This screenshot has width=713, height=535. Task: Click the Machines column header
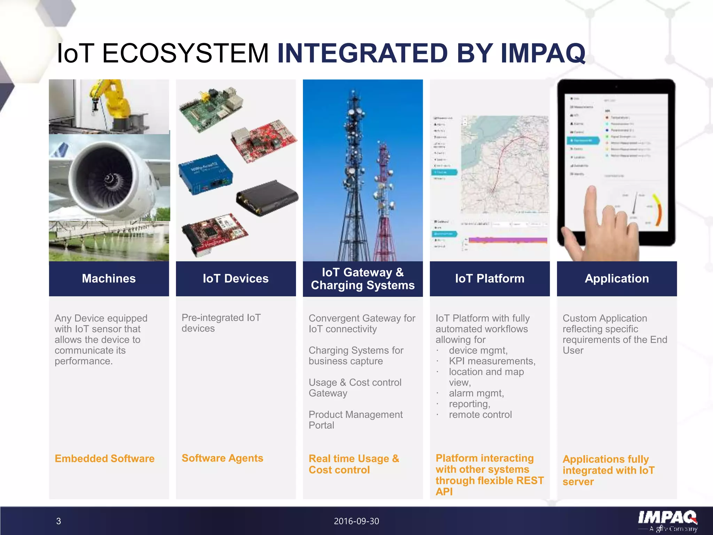pyautogui.click(x=109, y=279)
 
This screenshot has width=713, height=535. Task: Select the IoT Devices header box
pyautogui.click(x=236, y=279)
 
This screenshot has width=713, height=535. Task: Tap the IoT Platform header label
pyautogui.click(x=489, y=279)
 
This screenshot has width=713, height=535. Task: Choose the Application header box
pyautogui.click(x=617, y=279)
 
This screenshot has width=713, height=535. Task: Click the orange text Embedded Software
pyautogui.click(x=104, y=458)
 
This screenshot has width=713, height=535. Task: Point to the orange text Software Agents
pyautogui.click(x=222, y=458)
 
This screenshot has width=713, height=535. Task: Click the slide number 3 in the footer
pyautogui.click(x=58, y=521)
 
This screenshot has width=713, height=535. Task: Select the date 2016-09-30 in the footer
pyautogui.click(x=356, y=521)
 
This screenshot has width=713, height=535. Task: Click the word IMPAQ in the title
pyautogui.click(x=543, y=53)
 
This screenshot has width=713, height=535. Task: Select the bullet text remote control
pyautogui.click(x=480, y=414)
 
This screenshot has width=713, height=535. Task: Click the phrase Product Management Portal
pyautogui.click(x=355, y=420)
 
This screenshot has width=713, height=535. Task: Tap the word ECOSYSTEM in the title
pyautogui.click(x=185, y=53)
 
